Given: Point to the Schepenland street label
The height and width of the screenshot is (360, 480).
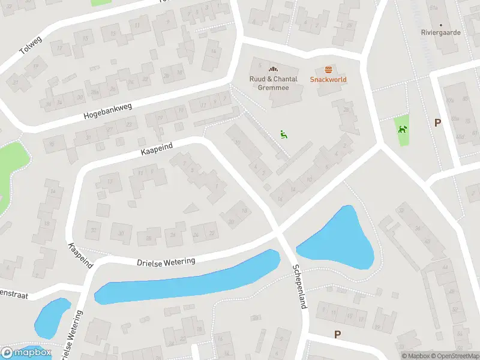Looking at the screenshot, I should pos(299,286).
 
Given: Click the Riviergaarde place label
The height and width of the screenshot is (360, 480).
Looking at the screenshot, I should pos(441,32).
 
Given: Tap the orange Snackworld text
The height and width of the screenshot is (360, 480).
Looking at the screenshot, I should pos(328,79).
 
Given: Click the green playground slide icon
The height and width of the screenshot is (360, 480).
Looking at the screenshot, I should pos(283,134).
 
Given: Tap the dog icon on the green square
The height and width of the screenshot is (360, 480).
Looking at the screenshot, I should pos(401,128).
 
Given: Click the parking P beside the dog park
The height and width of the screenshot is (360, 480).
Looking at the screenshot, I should pos(437,122).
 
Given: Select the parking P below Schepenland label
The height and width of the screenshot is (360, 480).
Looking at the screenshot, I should pos(337,334).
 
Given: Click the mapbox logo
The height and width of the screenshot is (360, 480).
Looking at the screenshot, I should pos(25,353).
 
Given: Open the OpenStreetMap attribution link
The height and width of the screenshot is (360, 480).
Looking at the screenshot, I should pos(454,356).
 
